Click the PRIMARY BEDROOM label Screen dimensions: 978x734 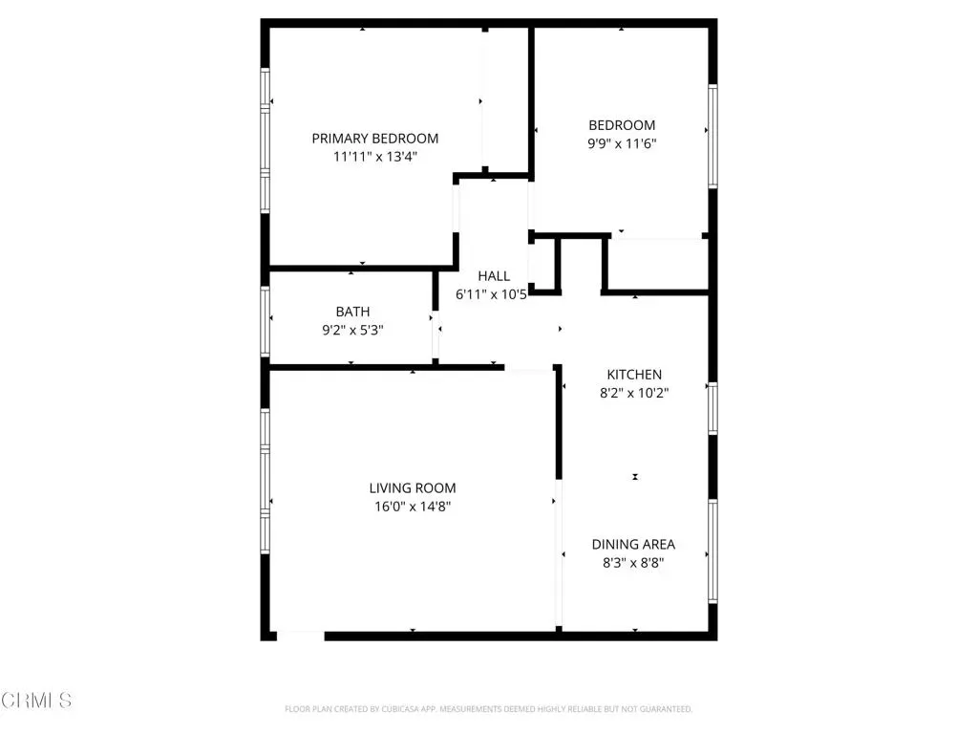374,139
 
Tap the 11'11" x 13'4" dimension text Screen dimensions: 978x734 374,157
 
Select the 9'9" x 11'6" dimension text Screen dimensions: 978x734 622,143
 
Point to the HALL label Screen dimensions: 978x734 494,276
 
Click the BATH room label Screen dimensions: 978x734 353,312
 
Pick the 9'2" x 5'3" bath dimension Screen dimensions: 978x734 353,330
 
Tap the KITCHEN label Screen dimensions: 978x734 634,375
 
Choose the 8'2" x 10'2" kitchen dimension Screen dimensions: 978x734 634,393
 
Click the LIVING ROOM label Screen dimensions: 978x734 413,488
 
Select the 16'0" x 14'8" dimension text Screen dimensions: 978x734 413,507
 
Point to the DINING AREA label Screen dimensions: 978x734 634,544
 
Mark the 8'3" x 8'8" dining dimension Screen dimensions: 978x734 634,563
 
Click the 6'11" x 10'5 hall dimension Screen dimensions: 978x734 492,294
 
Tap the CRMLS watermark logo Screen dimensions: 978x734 36,701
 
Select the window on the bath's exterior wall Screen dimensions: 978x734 266,322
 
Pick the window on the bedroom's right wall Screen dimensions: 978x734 712,136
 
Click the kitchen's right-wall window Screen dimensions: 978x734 712,409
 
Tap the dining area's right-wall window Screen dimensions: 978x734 712,551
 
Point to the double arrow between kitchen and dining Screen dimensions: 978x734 635,477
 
